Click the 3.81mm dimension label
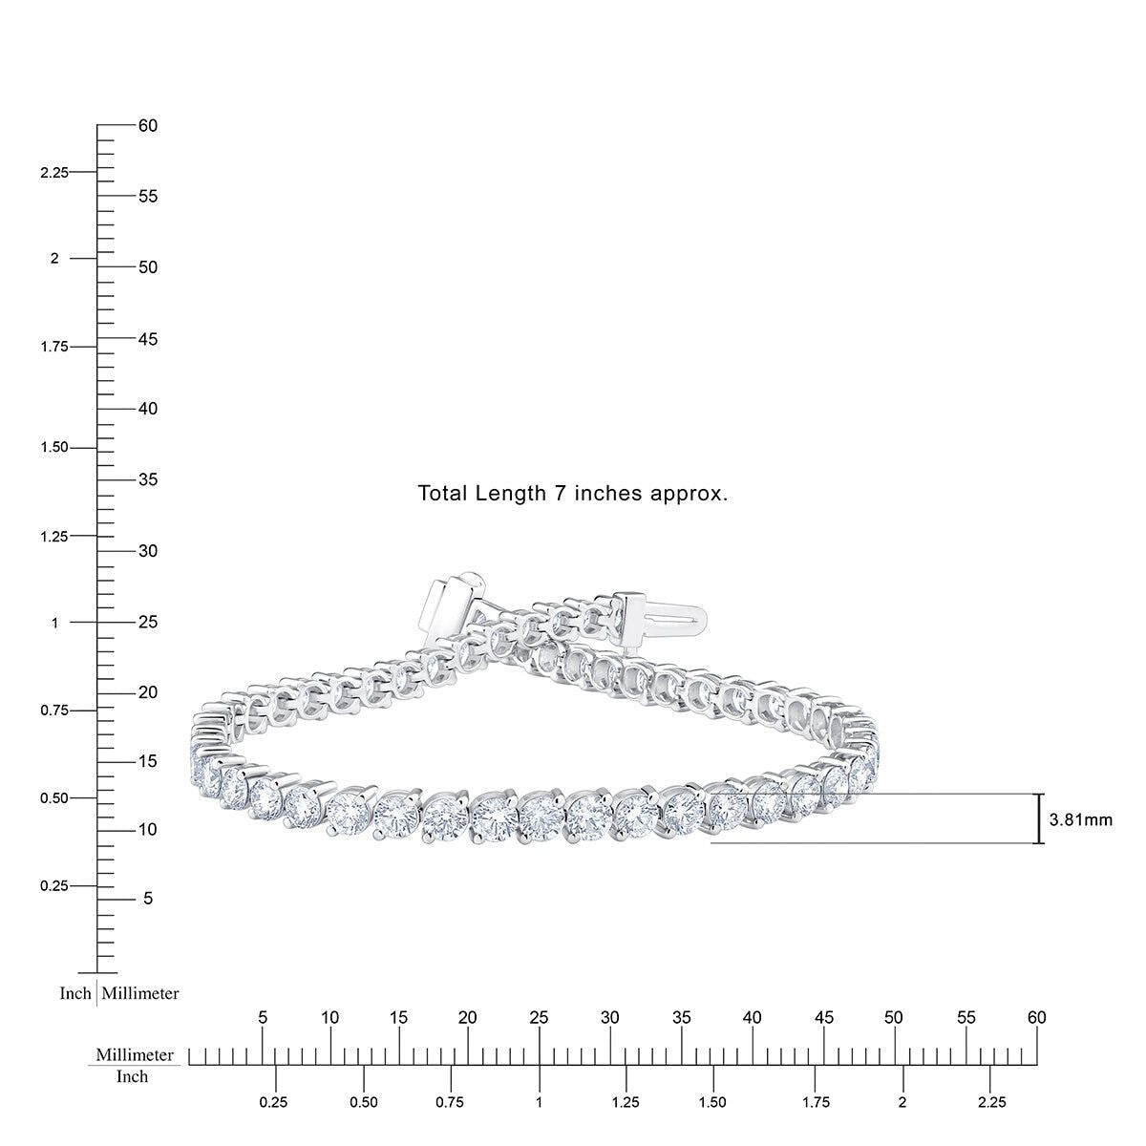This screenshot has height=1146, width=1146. point(1080,819)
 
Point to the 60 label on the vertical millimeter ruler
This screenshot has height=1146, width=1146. point(147,126)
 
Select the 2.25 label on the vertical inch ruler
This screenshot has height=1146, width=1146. point(53,173)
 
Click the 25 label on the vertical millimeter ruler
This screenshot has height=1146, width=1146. point(147,623)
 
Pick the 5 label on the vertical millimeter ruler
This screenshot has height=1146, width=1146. point(147,899)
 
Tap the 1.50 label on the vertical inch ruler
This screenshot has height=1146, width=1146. point(53,448)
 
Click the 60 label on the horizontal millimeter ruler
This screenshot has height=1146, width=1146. point(1036,1018)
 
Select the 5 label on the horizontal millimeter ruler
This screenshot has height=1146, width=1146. point(264,1018)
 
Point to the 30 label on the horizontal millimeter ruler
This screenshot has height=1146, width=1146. point(610,1018)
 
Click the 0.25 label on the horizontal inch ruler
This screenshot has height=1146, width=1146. point(275,1102)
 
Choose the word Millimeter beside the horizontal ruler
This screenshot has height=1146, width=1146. point(135,1055)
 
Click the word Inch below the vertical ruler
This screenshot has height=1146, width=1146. point(75,993)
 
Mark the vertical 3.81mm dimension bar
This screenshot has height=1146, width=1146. point(1039,818)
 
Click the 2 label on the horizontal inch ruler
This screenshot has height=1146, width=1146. point(902,1102)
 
